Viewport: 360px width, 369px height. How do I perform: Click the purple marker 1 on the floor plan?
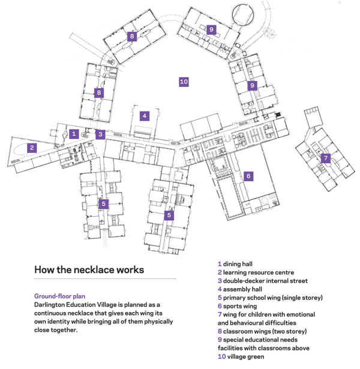tap(74, 134)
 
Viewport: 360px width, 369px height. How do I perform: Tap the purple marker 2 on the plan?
tap(32, 148)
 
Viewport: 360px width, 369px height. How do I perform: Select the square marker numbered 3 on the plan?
tap(101, 134)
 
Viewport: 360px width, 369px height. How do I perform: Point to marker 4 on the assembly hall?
tap(144, 116)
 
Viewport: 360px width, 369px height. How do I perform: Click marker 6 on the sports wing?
tap(248, 176)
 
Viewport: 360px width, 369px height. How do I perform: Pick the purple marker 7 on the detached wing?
tap(325, 158)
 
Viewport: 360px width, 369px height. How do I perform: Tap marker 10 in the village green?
tap(184, 82)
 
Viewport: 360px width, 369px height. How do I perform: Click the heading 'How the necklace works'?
tap(89, 269)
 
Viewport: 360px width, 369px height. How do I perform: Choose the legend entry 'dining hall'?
tap(238, 264)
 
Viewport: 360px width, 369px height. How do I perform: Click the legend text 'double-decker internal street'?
tap(265, 281)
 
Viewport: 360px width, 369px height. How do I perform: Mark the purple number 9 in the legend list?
tap(220, 340)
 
